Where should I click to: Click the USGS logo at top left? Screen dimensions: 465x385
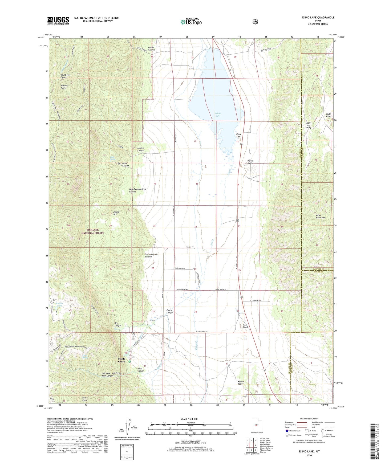(58, 21)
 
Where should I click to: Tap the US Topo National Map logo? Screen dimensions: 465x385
(191, 22)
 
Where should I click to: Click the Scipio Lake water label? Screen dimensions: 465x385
(218, 115)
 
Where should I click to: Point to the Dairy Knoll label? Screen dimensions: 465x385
(238, 135)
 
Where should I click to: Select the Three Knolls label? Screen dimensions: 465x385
(250, 162)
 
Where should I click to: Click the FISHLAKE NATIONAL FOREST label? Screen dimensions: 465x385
(93, 231)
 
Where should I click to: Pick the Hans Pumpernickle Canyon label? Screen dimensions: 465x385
(137, 190)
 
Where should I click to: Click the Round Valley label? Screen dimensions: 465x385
(241, 383)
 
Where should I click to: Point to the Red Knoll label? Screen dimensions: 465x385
(245, 326)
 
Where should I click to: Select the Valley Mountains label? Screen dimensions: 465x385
(320, 216)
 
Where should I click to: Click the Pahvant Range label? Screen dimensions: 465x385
(64, 87)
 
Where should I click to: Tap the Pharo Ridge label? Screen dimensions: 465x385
(85, 399)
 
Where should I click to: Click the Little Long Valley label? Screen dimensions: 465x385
(308, 125)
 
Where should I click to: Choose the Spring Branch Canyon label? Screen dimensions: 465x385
(151, 255)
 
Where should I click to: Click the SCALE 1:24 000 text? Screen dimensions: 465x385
(189, 419)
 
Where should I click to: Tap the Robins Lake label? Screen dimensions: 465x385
(59, 304)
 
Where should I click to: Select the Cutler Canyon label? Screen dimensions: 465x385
(151, 48)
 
